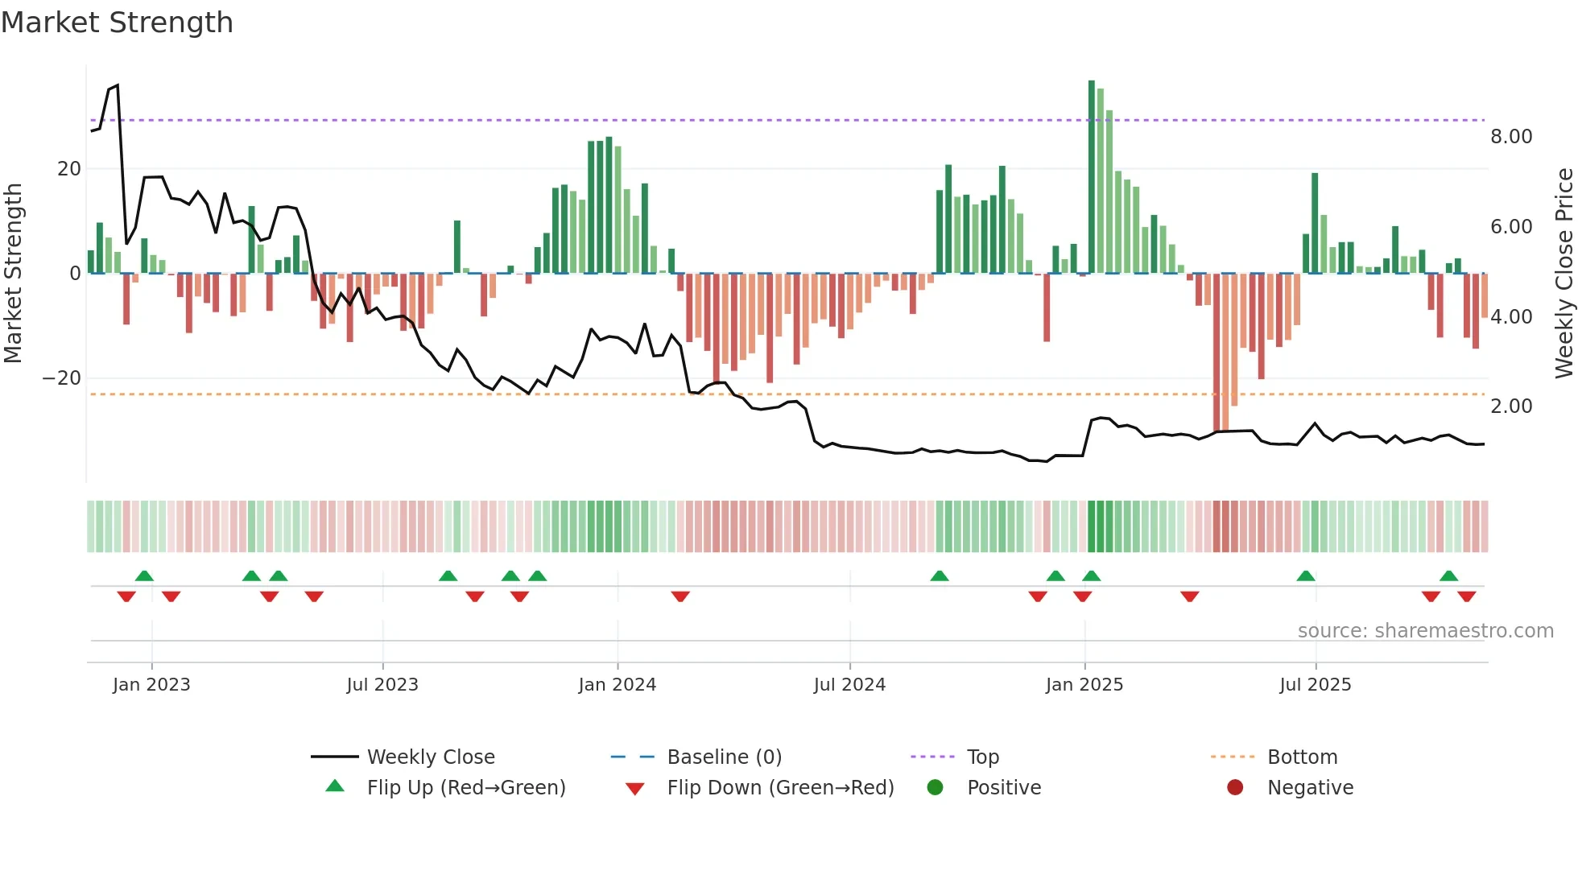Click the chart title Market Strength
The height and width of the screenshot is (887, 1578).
117,23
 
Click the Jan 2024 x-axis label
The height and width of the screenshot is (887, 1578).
617,684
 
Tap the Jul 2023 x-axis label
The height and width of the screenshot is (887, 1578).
382,684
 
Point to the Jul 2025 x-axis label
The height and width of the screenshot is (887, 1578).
1315,684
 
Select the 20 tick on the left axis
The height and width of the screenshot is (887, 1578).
69,169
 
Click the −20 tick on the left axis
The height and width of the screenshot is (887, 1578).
62,378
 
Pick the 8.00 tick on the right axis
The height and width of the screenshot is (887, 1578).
1510,137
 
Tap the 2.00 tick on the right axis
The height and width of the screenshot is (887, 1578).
1510,406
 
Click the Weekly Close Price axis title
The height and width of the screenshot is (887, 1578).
1564,274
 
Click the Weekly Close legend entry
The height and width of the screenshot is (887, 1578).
430,757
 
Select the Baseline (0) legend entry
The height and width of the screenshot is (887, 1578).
724,757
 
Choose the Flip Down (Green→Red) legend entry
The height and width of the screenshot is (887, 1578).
779,787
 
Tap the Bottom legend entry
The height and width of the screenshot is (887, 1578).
1302,757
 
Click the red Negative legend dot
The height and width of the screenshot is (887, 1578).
1235,787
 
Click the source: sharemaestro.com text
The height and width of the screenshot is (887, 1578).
1425,631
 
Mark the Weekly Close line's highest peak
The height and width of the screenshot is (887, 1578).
118,85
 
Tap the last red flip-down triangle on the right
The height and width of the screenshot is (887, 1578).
1466,596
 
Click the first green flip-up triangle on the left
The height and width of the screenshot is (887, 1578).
144,576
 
